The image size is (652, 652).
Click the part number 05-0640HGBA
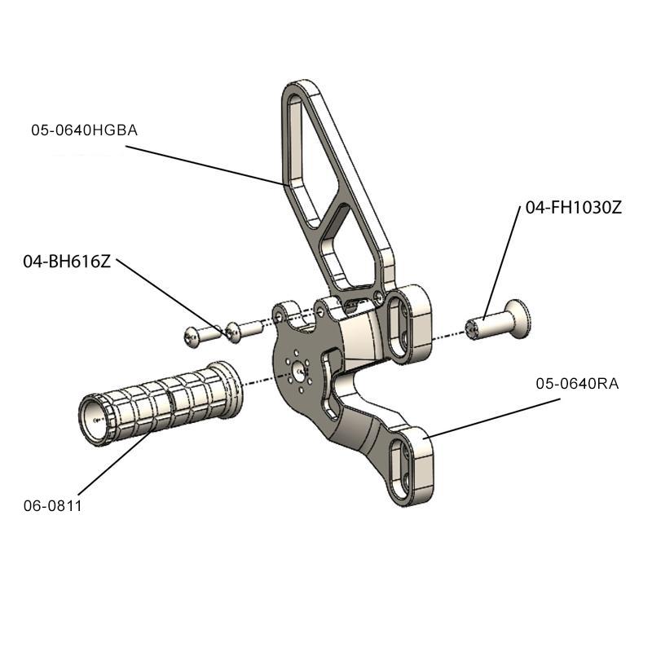coord(84,130)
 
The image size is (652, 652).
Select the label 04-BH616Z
coord(67,262)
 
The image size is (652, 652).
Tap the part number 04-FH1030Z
coord(574,208)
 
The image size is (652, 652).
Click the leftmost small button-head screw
coord(194,334)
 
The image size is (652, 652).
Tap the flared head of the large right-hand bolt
coord(516,317)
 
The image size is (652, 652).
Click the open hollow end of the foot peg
coord(97,419)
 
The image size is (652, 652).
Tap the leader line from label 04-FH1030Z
coord(503,261)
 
